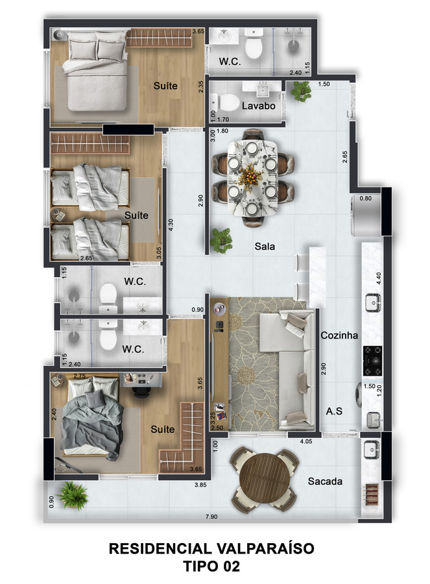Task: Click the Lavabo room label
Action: (258, 106)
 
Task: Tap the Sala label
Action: (265, 246)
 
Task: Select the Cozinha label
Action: (339, 335)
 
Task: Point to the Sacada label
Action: (325, 481)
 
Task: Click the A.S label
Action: (334, 411)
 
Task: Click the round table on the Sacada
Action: (265, 478)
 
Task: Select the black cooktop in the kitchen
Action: (372, 361)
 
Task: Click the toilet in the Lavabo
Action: (225, 103)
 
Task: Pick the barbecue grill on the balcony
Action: (371, 494)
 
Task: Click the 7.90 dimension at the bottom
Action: (211, 517)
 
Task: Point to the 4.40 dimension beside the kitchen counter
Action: (379, 278)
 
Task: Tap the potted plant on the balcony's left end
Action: (73, 494)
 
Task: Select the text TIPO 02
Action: (211, 566)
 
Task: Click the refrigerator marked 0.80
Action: (366, 215)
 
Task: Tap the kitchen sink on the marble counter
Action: (372, 302)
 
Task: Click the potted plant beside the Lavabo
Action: (301, 91)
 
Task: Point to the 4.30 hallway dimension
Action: (171, 225)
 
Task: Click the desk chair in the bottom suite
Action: (141, 392)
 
